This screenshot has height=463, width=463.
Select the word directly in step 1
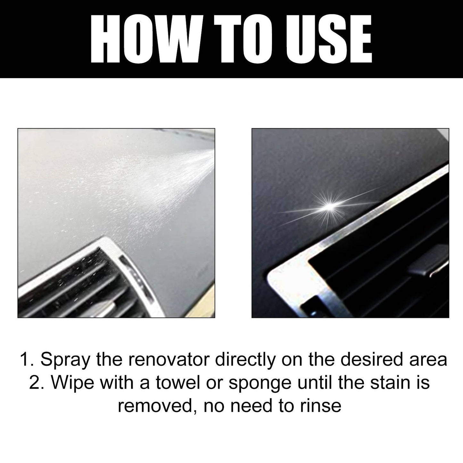tap(245, 360)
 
